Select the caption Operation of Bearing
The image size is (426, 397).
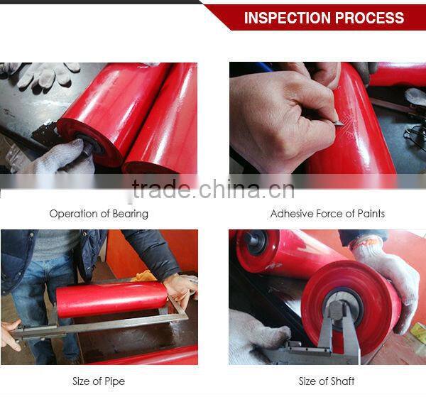99,213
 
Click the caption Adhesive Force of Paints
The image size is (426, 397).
327,213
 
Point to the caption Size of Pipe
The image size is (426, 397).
99,381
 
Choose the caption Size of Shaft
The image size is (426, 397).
327,381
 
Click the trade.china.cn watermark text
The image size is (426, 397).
213,190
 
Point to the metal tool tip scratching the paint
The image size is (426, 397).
339,122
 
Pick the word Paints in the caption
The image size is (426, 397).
368,213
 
